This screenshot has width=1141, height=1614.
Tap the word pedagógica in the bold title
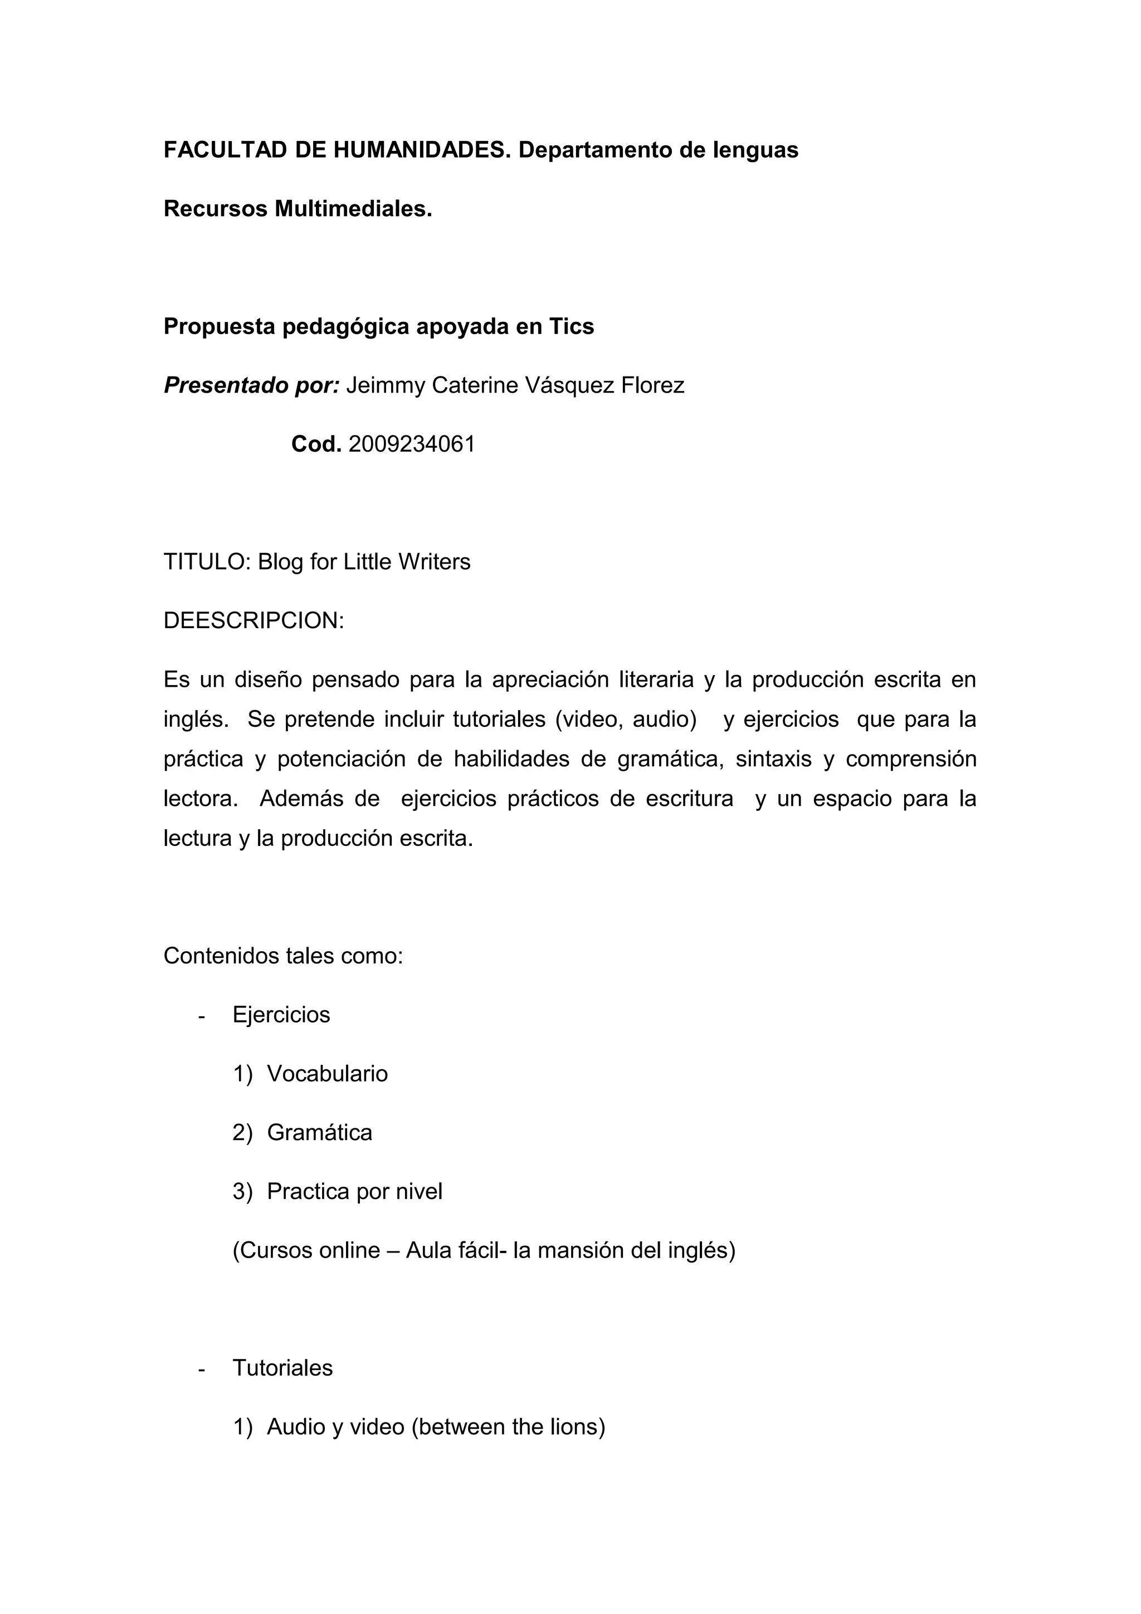(x=344, y=327)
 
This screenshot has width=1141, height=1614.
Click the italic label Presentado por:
(x=252, y=385)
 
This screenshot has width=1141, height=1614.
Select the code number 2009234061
(x=411, y=444)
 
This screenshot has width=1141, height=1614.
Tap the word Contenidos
(x=221, y=956)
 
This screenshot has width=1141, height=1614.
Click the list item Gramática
(x=319, y=1132)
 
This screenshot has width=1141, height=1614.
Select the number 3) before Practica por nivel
(x=242, y=1191)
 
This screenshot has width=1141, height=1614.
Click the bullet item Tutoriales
(x=282, y=1368)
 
